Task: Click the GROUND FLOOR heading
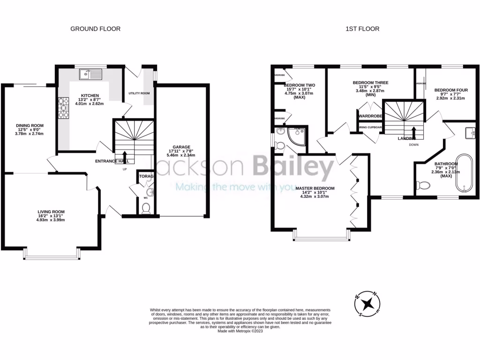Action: (95, 29)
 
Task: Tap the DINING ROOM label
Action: (30, 126)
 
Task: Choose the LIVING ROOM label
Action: (51, 212)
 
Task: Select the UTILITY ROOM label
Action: (139, 93)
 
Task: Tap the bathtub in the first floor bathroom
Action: (465, 173)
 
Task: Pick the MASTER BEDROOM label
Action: (315, 188)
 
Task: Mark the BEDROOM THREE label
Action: (370, 82)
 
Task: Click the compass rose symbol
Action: (367, 303)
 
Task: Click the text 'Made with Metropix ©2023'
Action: (240, 331)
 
